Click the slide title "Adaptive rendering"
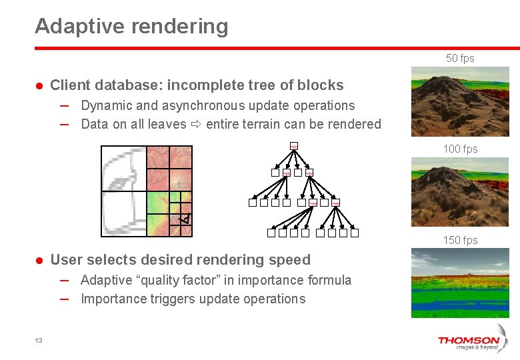click(131, 27)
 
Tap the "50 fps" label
click(460, 59)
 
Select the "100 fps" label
click(460, 149)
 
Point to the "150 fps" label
click(460, 240)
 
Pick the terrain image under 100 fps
click(459, 192)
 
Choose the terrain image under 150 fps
click(459, 283)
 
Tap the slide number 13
click(39, 341)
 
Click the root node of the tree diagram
click(294, 147)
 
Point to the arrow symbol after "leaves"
click(197, 125)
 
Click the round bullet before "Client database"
click(39, 86)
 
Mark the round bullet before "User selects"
click(39, 261)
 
